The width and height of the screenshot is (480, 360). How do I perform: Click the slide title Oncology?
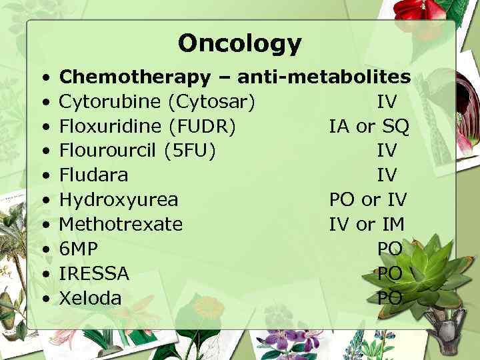pyautogui.click(x=239, y=43)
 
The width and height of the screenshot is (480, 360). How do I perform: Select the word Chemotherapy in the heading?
pyautogui.click(x=134, y=77)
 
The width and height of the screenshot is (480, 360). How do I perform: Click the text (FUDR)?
pyautogui.click(x=203, y=126)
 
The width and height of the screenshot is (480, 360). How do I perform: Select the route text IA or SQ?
pyautogui.click(x=369, y=126)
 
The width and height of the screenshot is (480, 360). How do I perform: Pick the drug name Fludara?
pyautogui.click(x=93, y=175)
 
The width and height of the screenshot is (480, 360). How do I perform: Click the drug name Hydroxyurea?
pyautogui.click(x=119, y=199)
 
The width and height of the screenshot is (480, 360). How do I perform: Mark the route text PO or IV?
pyautogui.click(x=367, y=199)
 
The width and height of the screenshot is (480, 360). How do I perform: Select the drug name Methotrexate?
pyautogui.click(x=121, y=224)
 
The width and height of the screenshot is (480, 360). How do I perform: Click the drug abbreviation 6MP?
pyautogui.click(x=79, y=249)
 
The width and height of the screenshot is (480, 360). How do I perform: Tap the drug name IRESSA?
pyautogui.click(x=94, y=273)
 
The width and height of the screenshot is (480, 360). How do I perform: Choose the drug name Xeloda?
pyautogui.click(x=91, y=297)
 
